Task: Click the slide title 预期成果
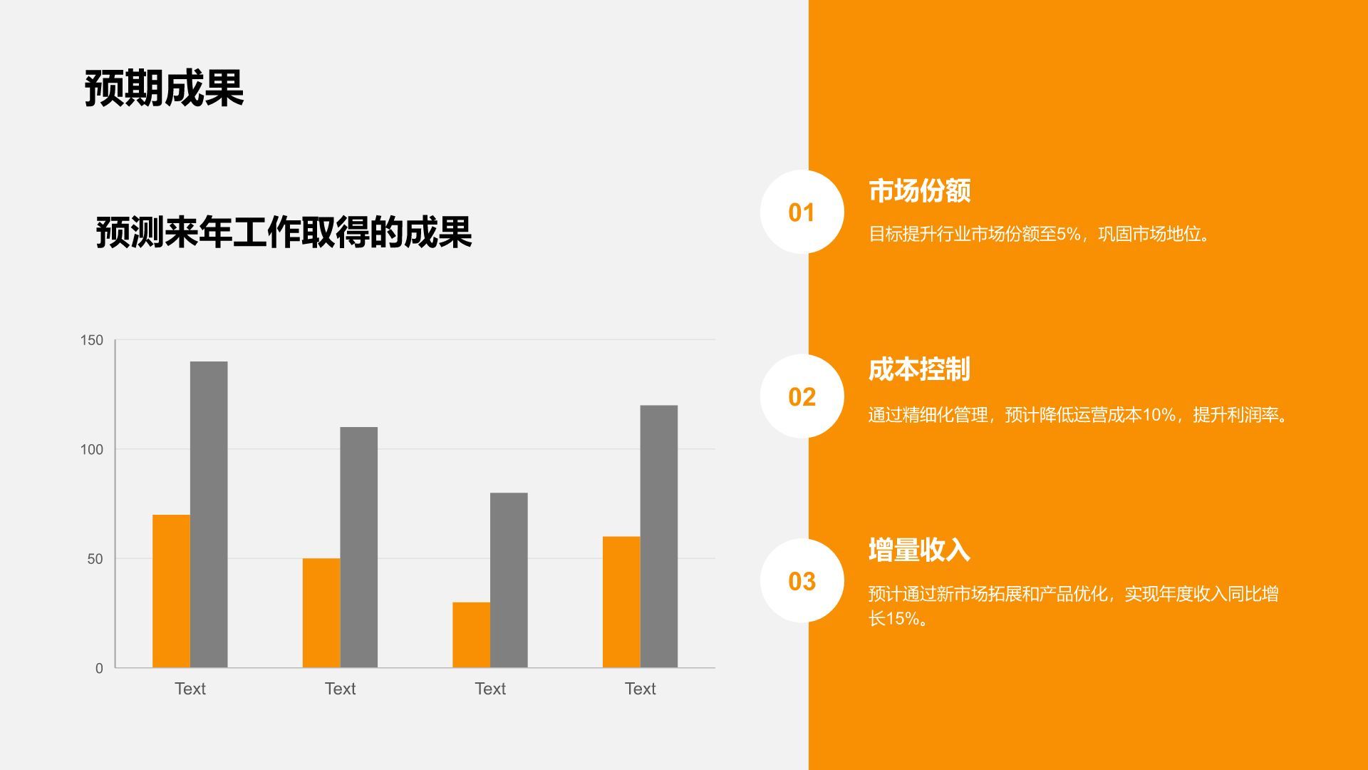point(164,88)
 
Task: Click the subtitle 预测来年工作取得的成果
point(284,232)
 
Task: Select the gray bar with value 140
point(209,514)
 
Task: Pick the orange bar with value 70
point(171,591)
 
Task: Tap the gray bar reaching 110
point(358,547)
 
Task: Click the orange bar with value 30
point(471,635)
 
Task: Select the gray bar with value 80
point(509,580)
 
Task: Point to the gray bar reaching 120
point(658,536)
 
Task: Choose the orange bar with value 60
point(621,602)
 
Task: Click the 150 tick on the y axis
point(92,340)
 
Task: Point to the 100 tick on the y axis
point(92,449)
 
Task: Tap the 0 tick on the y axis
point(99,668)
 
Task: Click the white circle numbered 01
point(802,212)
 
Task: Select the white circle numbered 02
point(802,396)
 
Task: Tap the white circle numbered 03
point(802,581)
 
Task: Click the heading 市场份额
point(919,190)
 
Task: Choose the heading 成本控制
point(919,369)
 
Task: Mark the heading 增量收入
point(919,550)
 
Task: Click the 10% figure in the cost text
point(1159,415)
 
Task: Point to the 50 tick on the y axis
point(95,559)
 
